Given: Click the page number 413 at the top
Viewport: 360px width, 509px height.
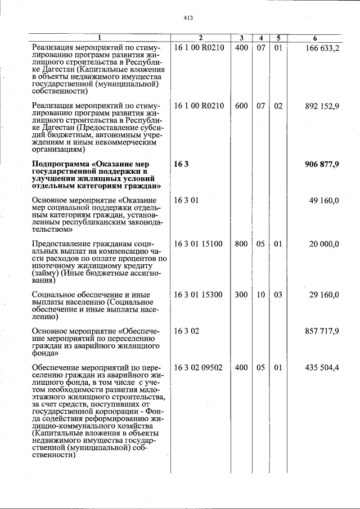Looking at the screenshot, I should [188, 18].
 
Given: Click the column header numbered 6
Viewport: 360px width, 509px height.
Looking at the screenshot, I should [315, 38].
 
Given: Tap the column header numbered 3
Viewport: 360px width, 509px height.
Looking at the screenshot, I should [241, 38].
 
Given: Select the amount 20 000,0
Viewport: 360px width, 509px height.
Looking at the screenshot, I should [324, 244].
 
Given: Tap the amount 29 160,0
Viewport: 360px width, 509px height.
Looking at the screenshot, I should [324, 294].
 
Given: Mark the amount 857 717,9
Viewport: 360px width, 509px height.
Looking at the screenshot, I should [322, 331].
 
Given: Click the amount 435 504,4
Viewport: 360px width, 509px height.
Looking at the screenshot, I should [322, 367].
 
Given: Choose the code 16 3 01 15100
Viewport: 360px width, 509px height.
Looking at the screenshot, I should [199, 244].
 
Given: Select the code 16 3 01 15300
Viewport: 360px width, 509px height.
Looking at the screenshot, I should [199, 294].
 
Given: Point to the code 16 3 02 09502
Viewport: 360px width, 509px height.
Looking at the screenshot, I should [199, 367].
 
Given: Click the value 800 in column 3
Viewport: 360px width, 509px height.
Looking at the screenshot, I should [241, 244].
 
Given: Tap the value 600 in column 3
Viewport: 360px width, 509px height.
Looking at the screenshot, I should [241, 106].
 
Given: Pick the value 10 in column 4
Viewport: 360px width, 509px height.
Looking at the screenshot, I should [261, 294].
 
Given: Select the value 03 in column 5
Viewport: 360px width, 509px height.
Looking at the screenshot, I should [278, 294].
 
